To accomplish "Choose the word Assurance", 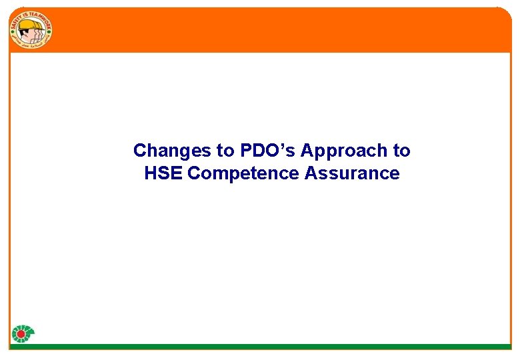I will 352,173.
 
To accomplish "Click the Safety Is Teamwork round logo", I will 31,30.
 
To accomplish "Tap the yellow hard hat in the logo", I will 28,24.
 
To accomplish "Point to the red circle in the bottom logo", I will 21,334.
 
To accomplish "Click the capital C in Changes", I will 139,151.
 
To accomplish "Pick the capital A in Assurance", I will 311,173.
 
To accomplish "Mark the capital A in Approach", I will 307,151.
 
